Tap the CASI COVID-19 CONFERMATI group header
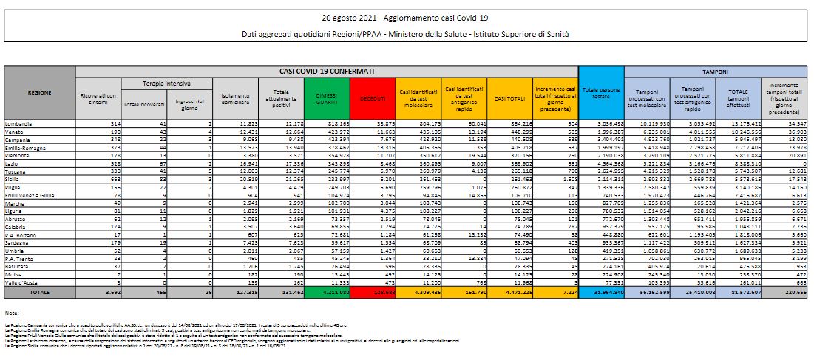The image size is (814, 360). tap(326, 72)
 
